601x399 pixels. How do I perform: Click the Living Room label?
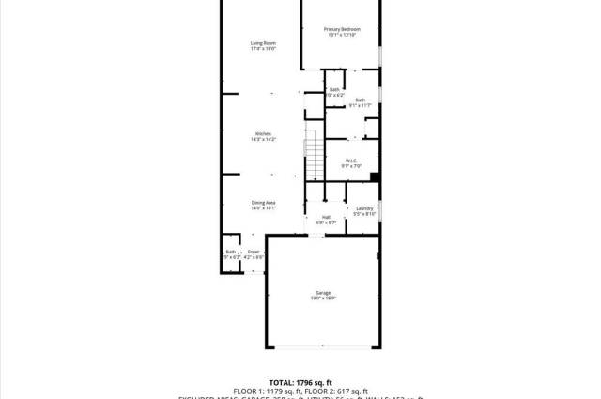[263, 43]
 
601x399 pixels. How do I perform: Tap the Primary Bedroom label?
[342, 29]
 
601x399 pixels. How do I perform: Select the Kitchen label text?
[263, 133]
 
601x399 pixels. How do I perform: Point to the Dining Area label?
[263, 203]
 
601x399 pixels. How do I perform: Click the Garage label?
[323, 292]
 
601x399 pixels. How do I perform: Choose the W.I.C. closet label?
[351, 161]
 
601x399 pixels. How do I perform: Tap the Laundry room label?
[364, 208]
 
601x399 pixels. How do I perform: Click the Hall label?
[326, 217]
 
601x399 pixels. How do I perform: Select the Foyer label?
[254, 252]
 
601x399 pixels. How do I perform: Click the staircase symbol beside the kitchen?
[314, 155]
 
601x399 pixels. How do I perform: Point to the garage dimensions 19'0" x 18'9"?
[323, 299]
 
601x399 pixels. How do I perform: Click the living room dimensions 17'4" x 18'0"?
[263, 49]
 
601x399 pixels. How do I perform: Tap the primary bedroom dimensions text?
[342, 35]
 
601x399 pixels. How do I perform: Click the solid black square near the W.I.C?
[375, 176]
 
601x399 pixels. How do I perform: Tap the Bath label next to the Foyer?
[230, 252]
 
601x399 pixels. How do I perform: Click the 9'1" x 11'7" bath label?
[360, 105]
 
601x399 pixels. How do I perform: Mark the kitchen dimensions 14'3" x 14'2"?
[263, 139]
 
